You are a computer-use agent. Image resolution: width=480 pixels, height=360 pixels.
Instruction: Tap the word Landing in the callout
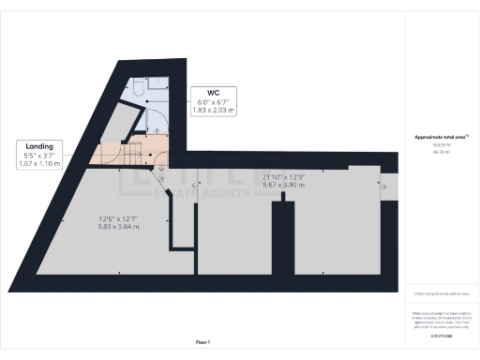pos(39,147)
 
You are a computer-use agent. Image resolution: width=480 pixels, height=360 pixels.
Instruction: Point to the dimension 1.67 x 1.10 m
pos(39,164)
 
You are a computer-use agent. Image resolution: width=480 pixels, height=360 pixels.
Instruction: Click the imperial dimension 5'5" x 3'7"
pos(39,156)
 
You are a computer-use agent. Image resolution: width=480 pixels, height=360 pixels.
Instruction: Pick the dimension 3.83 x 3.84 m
pos(119,227)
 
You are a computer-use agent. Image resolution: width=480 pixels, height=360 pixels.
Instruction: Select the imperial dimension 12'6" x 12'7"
pos(119,219)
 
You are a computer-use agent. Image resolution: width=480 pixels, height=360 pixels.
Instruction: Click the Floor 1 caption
pos(202,342)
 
